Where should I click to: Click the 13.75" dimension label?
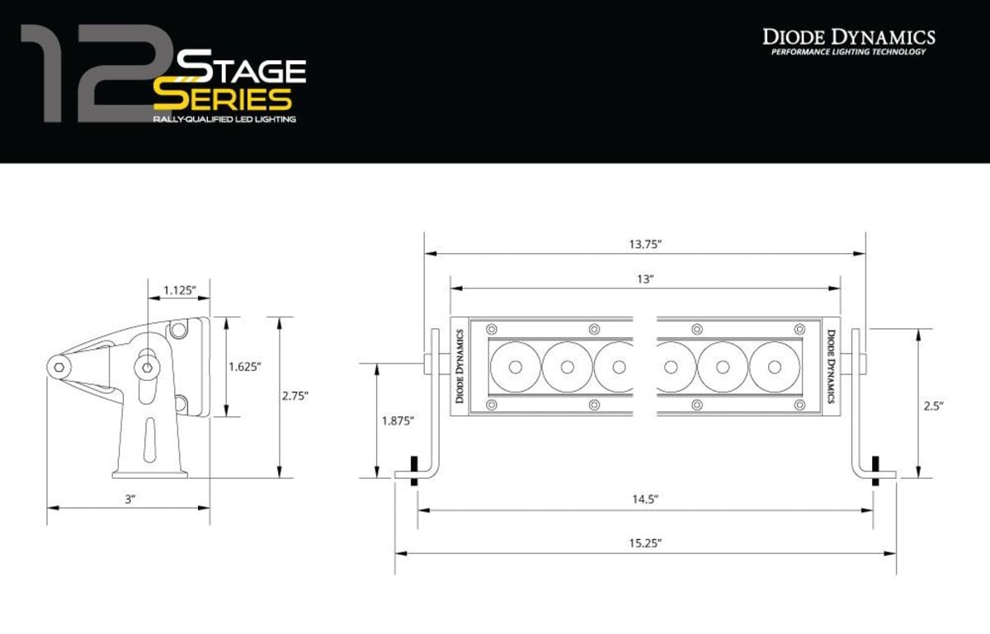click(x=646, y=244)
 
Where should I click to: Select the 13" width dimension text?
click(x=646, y=279)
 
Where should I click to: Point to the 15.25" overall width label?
click(x=646, y=542)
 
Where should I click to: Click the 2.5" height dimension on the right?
click(x=933, y=406)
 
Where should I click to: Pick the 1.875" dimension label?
click(x=398, y=420)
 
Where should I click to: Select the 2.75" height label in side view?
click(x=294, y=396)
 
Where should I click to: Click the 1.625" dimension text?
click(x=245, y=367)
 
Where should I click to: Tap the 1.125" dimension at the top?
click(x=179, y=289)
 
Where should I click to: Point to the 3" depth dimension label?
click(x=130, y=499)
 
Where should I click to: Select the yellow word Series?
click(x=223, y=99)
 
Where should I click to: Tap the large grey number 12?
click(x=91, y=74)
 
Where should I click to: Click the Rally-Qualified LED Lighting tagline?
click(x=224, y=120)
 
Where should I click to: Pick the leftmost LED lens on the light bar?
click(x=514, y=366)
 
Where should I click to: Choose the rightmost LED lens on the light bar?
click(x=775, y=366)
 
